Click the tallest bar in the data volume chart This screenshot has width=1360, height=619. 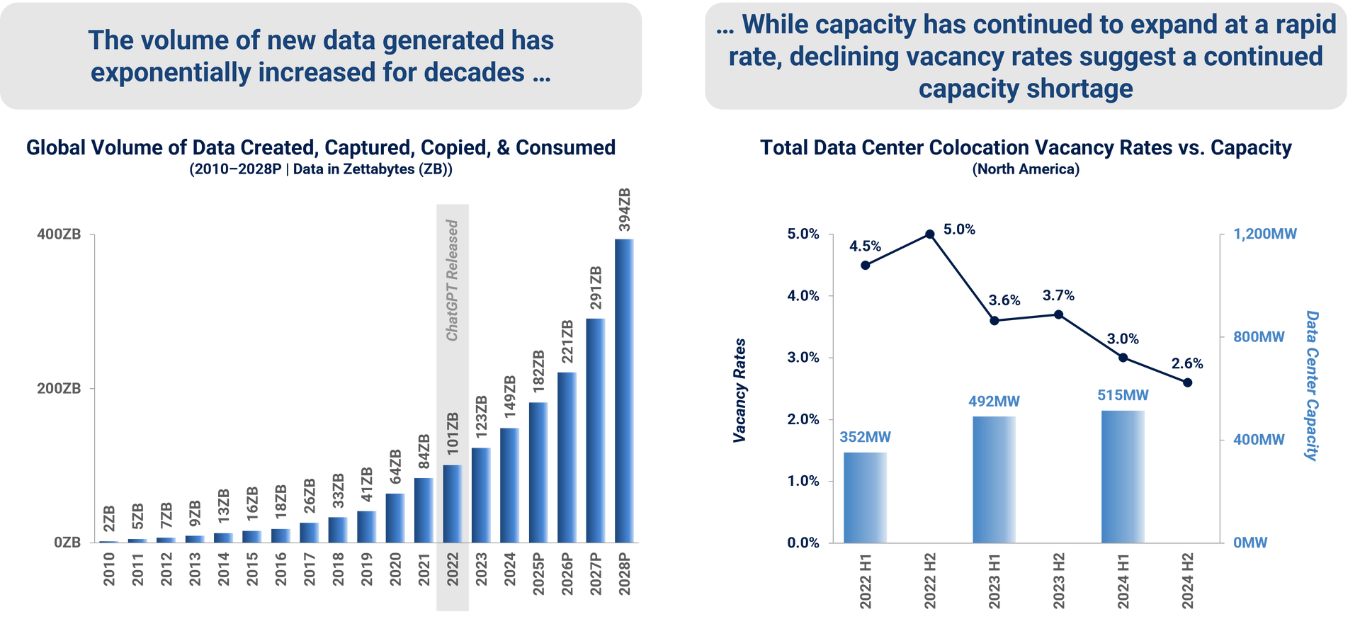tap(624, 390)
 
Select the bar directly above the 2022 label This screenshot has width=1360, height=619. tap(453, 504)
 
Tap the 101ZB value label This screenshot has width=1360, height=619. tap(453, 433)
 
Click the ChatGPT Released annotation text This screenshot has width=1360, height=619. tap(452, 280)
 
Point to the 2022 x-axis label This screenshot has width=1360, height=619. tap(453, 569)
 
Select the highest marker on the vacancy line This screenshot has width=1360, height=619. tap(930, 233)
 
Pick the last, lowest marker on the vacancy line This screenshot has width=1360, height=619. tap(1188, 382)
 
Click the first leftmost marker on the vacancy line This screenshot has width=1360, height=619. tap(865, 266)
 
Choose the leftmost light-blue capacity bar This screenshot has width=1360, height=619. tap(865, 496)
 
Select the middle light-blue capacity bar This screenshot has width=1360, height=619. tap(994, 479)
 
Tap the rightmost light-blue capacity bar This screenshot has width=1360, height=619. tap(1123, 476)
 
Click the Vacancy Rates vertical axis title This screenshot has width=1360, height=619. tap(740, 390)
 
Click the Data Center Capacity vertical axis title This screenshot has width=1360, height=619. tap(1312, 386)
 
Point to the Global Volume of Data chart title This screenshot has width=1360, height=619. tap(320, 147)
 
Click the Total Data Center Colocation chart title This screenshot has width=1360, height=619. tap(1026, 147)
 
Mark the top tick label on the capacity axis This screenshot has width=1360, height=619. tap(1265, 234)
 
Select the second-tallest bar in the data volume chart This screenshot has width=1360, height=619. tap(596, 429)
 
